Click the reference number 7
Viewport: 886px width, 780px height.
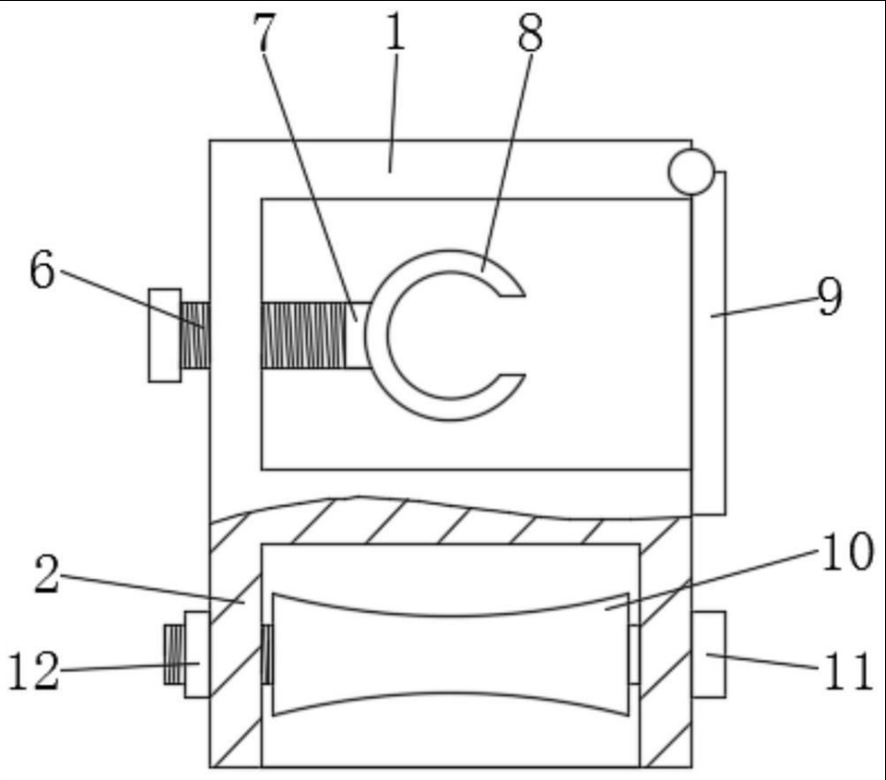click(263, 35)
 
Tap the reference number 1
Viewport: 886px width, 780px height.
click(395, 35)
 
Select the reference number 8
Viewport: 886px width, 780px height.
click(530, 35)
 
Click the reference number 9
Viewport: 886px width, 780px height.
click(829, 298)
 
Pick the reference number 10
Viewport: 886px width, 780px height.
click(847, 553)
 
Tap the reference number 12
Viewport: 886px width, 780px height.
click(33, 672)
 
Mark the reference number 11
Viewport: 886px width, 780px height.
click(848, 671)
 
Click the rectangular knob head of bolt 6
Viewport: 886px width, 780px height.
click(164, 334)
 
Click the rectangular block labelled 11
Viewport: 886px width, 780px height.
click(708, 654)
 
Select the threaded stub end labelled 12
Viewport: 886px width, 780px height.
click(173, 654)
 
